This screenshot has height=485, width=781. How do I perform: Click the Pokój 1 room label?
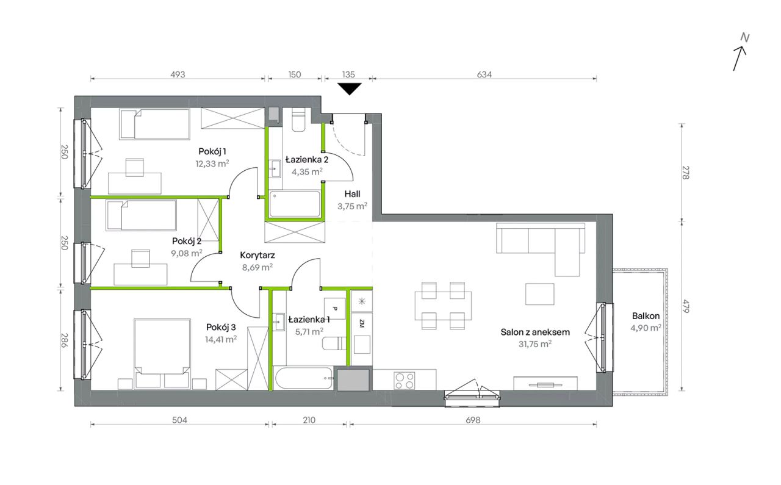212,151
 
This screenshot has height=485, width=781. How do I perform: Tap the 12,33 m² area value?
212,163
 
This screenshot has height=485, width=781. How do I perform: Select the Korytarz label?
257,255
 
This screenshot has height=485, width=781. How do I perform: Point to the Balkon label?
646,316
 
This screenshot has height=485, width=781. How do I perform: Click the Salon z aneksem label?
535,332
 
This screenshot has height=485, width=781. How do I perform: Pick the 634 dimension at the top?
484,74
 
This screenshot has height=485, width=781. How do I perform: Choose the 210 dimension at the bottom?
309,420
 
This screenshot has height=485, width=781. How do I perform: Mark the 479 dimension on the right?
685,306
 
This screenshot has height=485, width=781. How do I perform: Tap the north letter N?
745,38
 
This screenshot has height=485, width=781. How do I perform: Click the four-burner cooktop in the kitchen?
405,381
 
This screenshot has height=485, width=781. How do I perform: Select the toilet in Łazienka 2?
298,119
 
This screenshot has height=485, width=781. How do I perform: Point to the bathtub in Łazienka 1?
304,378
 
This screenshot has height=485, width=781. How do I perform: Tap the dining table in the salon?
443,306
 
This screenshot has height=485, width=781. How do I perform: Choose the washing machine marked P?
335,308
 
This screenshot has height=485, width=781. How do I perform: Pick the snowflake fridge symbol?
362,301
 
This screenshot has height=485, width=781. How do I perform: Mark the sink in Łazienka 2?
275,169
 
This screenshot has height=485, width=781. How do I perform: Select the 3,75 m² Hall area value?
352,206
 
